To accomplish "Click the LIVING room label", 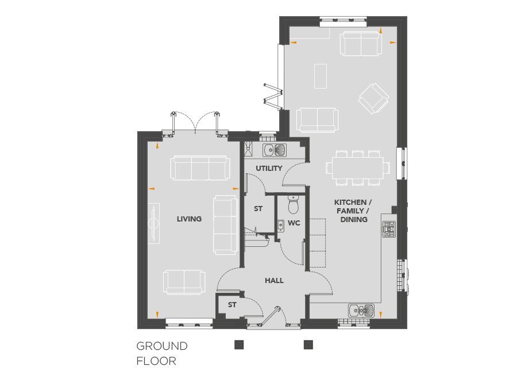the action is click(x=189, y=219).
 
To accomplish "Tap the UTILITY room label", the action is click(x=269, y=169).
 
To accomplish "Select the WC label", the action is click(x=294, y=223).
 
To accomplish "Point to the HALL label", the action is click(x=274, y=281).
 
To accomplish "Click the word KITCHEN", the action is click(x=350, y=203).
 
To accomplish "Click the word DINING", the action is click(x=354, y=220).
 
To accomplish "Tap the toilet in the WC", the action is click(x=293, y=205).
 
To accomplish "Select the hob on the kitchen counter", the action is click(x=389, y=229).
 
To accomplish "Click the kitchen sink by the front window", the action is click(x=361, y=310).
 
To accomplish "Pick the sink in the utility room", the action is click(x=275, y=150).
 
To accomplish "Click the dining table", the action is click(x=358, y=167).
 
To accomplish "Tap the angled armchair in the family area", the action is click(x=373, y=98).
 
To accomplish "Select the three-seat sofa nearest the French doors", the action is click(x=200, y=168).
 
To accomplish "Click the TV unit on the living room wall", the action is click(x=153, y=223).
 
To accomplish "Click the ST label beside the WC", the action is click(x=258, y=209).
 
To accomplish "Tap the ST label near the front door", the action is click(x=232, y=305).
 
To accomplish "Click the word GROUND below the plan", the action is click(x=162, y=346).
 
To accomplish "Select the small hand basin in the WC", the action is click(x=280, y=225).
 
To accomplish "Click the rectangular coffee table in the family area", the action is click(x=321, y=77).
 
